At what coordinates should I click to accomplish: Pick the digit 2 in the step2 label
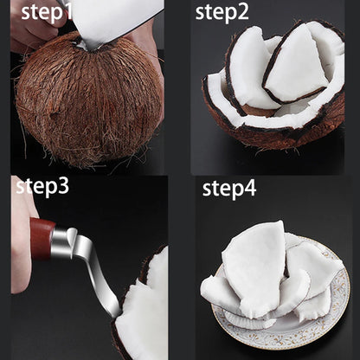[x=242, y=12]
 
